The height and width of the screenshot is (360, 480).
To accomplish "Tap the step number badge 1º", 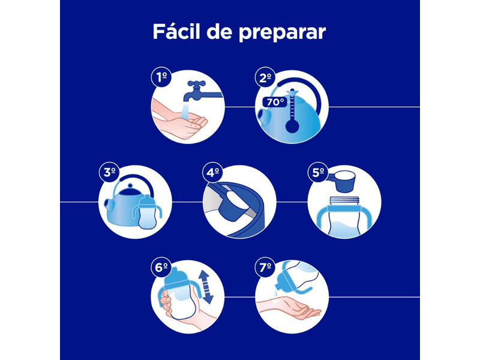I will click(160, 77).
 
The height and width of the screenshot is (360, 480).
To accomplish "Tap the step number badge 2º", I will click(265, 77).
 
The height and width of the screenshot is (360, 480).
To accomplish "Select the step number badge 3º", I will click(109, 173).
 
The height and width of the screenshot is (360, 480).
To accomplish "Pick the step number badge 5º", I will click(317, 173).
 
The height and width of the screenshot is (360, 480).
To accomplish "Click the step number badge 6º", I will click(160, 268).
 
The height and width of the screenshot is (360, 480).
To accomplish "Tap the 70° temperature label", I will click(274, 102).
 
